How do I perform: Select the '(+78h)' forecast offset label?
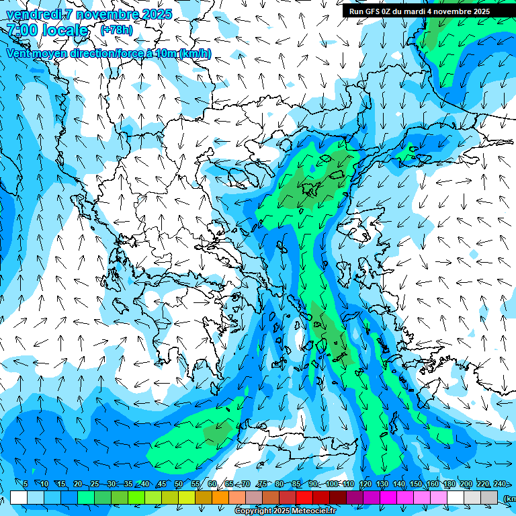[x=116, y=30]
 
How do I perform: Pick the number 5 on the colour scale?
[x=26, y=484]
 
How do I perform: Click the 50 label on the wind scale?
[x=179, y=484]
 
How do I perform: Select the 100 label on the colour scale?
[x=332, y=484]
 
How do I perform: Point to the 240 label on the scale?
[x=500, y=484]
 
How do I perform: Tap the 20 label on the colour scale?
[x=78, y=484]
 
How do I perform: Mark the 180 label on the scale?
[x=449, y=484]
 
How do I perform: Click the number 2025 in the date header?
[x=154, y=14]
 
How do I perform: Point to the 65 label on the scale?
[x=229, y=484]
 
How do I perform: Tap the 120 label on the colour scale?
[x=365, y=484]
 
